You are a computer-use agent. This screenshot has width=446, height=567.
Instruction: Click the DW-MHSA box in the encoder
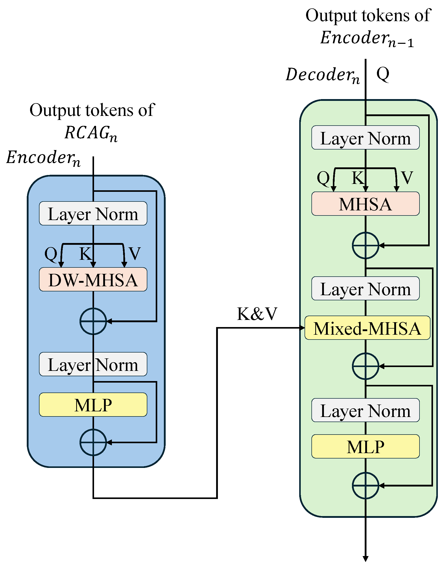point(93,279)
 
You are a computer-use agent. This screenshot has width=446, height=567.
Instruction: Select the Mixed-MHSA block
point(367,328)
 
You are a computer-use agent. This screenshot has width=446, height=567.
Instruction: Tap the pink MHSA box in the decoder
point(365,204)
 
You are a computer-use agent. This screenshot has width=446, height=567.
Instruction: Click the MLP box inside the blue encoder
point(93,404)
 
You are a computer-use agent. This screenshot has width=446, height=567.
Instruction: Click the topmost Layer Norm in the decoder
point(365,138)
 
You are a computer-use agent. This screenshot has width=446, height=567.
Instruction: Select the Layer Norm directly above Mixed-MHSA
point(365,288)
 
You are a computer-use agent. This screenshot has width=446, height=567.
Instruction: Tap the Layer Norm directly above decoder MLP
point(365,410)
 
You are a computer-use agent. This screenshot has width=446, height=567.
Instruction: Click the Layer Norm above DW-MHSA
point(93,213)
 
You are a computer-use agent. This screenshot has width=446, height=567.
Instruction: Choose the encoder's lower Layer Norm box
point(93,364)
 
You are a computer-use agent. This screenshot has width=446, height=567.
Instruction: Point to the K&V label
point(257,314)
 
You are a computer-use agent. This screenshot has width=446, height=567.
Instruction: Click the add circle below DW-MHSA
point(93,321)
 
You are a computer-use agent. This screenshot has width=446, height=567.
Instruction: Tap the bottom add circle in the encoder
point(93,442)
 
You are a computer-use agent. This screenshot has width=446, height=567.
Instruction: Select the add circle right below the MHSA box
point(365,245)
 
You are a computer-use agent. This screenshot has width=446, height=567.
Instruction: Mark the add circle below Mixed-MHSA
point(365,366)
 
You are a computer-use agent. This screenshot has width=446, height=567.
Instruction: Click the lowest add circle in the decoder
point(365,485)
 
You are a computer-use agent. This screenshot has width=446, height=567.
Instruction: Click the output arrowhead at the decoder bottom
point(365,558)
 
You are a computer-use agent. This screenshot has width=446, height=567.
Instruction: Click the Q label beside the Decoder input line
point(383,74)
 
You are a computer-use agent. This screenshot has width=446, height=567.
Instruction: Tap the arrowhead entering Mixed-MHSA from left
point(302,328)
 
